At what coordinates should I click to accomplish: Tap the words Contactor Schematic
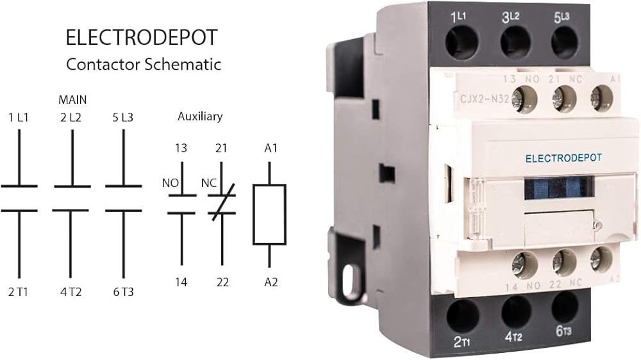point(144,64)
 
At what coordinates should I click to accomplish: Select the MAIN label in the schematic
point(72,100)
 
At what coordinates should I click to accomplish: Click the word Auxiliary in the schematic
point(200,117)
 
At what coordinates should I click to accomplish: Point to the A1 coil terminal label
point(271,148)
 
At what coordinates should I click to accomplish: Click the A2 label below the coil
point(271,282)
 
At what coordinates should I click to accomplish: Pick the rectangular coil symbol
point(269,215)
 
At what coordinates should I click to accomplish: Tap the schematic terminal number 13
point(181,148)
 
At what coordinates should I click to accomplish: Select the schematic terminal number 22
point(222,282)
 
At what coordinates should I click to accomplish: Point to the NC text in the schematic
point(208,183)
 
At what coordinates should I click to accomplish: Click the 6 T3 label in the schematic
point(123,291)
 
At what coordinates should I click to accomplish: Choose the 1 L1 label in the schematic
point(19,117)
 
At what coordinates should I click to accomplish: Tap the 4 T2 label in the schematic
point(71,291)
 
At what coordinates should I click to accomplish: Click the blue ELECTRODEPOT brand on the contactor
point(563,158)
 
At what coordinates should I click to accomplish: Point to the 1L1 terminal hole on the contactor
point(460,44)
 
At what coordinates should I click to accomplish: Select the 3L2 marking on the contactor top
point(513,17)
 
